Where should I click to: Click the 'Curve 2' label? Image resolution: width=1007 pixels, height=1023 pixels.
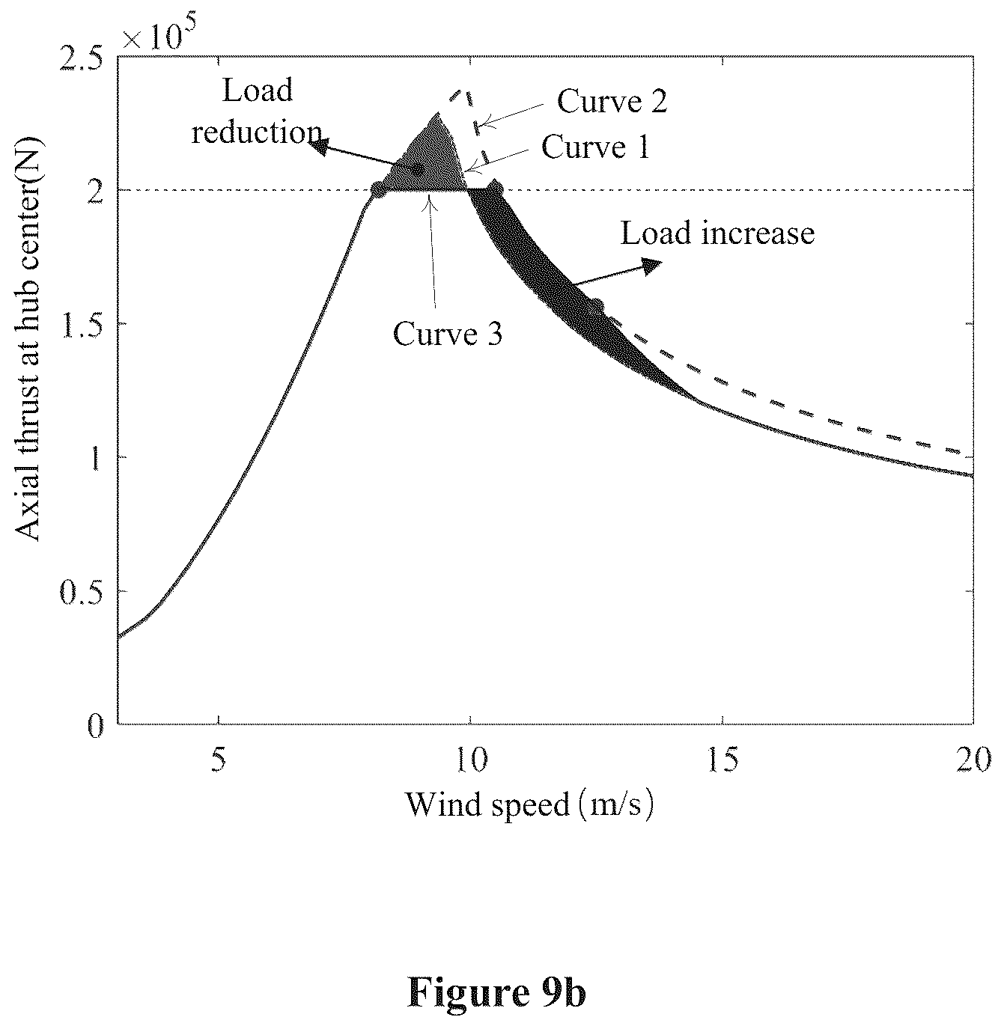pos(612,101)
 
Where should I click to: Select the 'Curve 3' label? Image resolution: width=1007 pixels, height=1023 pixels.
pos(447,333)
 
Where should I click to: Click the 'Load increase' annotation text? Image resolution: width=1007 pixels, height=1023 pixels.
pos(717,233)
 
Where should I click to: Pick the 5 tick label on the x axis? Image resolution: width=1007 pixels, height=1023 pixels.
pos(219,760)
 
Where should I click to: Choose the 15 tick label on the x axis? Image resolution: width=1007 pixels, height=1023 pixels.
pos(722,760)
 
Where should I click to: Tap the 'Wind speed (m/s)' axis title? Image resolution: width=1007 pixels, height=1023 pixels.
pos(529,804)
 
